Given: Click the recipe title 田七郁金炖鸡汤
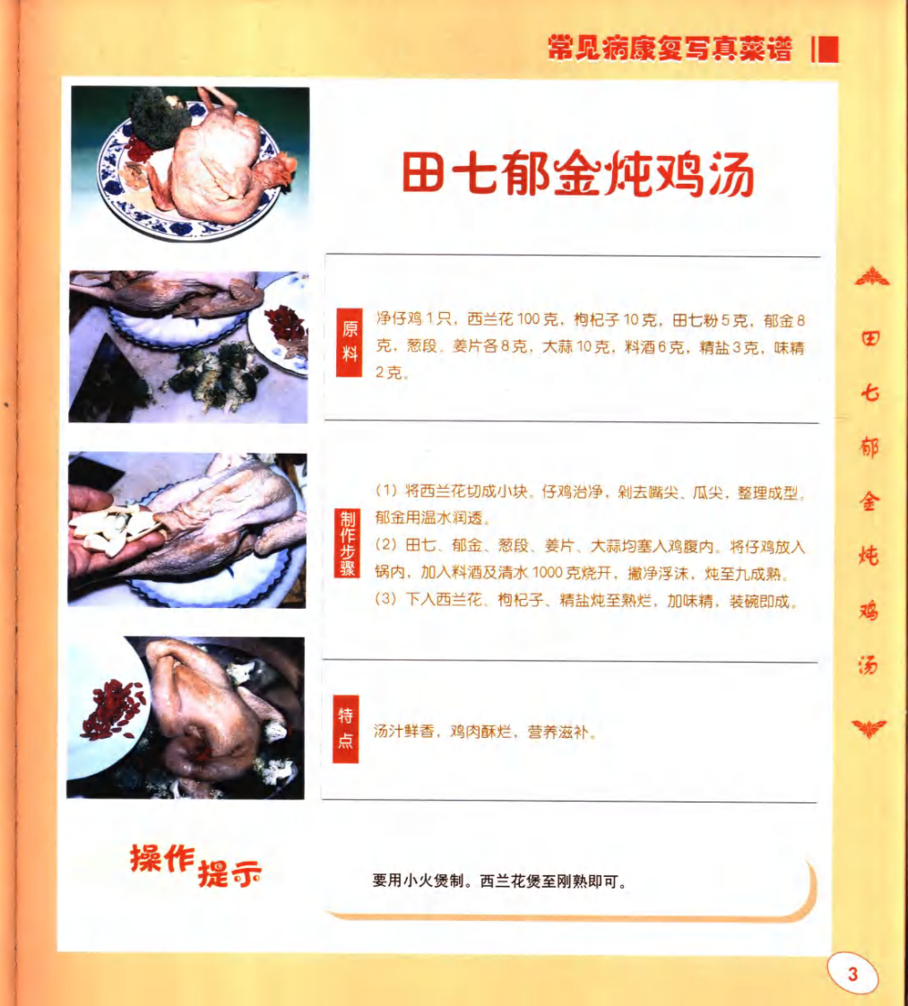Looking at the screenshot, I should click(x=577, y=174).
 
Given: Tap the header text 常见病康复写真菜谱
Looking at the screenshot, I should click(x=670, y=49).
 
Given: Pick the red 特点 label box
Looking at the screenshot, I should click(x=346, y=729).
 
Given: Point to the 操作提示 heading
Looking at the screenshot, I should click(x=195, y=864).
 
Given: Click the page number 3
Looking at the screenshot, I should click(x=852, y=975).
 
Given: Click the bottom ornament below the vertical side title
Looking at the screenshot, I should click(x=869, y=727).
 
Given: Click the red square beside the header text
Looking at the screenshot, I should click(x=828, y=49).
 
